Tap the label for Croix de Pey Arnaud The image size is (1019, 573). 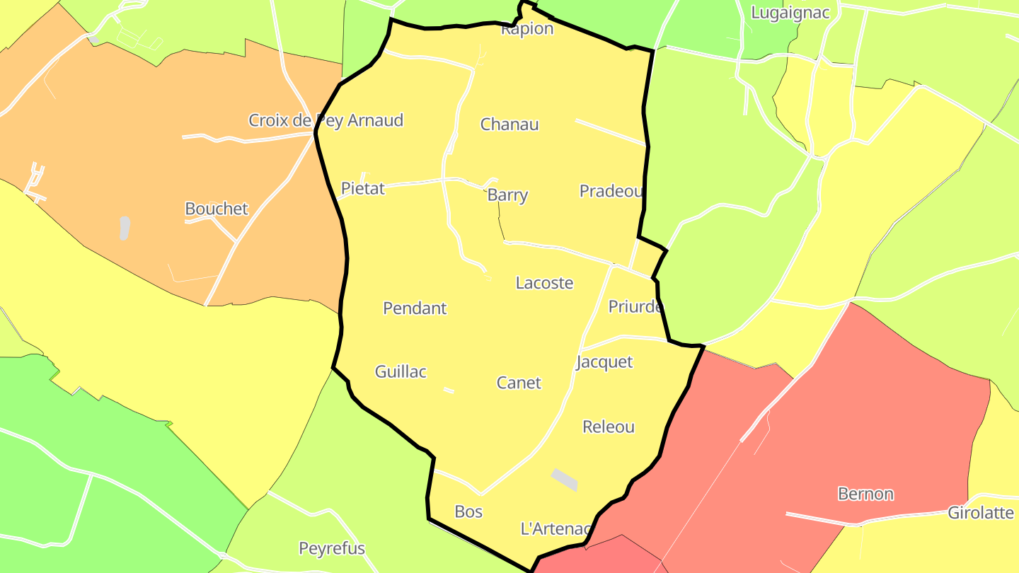326,120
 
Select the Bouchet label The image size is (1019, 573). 217,209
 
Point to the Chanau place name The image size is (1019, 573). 509,125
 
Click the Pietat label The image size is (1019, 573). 363,188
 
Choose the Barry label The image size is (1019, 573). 508,195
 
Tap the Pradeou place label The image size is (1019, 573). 611,191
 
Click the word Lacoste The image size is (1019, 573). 544,283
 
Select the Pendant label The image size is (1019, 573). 415,308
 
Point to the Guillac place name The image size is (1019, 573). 401,371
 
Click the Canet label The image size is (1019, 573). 519,383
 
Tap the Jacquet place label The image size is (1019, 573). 604,362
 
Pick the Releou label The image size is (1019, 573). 609,427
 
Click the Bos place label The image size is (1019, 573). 468,511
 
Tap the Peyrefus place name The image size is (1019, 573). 332,548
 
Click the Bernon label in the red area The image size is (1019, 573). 865,494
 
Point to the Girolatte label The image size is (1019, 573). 981,513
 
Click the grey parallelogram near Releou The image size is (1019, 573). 565,479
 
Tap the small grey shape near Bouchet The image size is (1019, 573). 125,228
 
